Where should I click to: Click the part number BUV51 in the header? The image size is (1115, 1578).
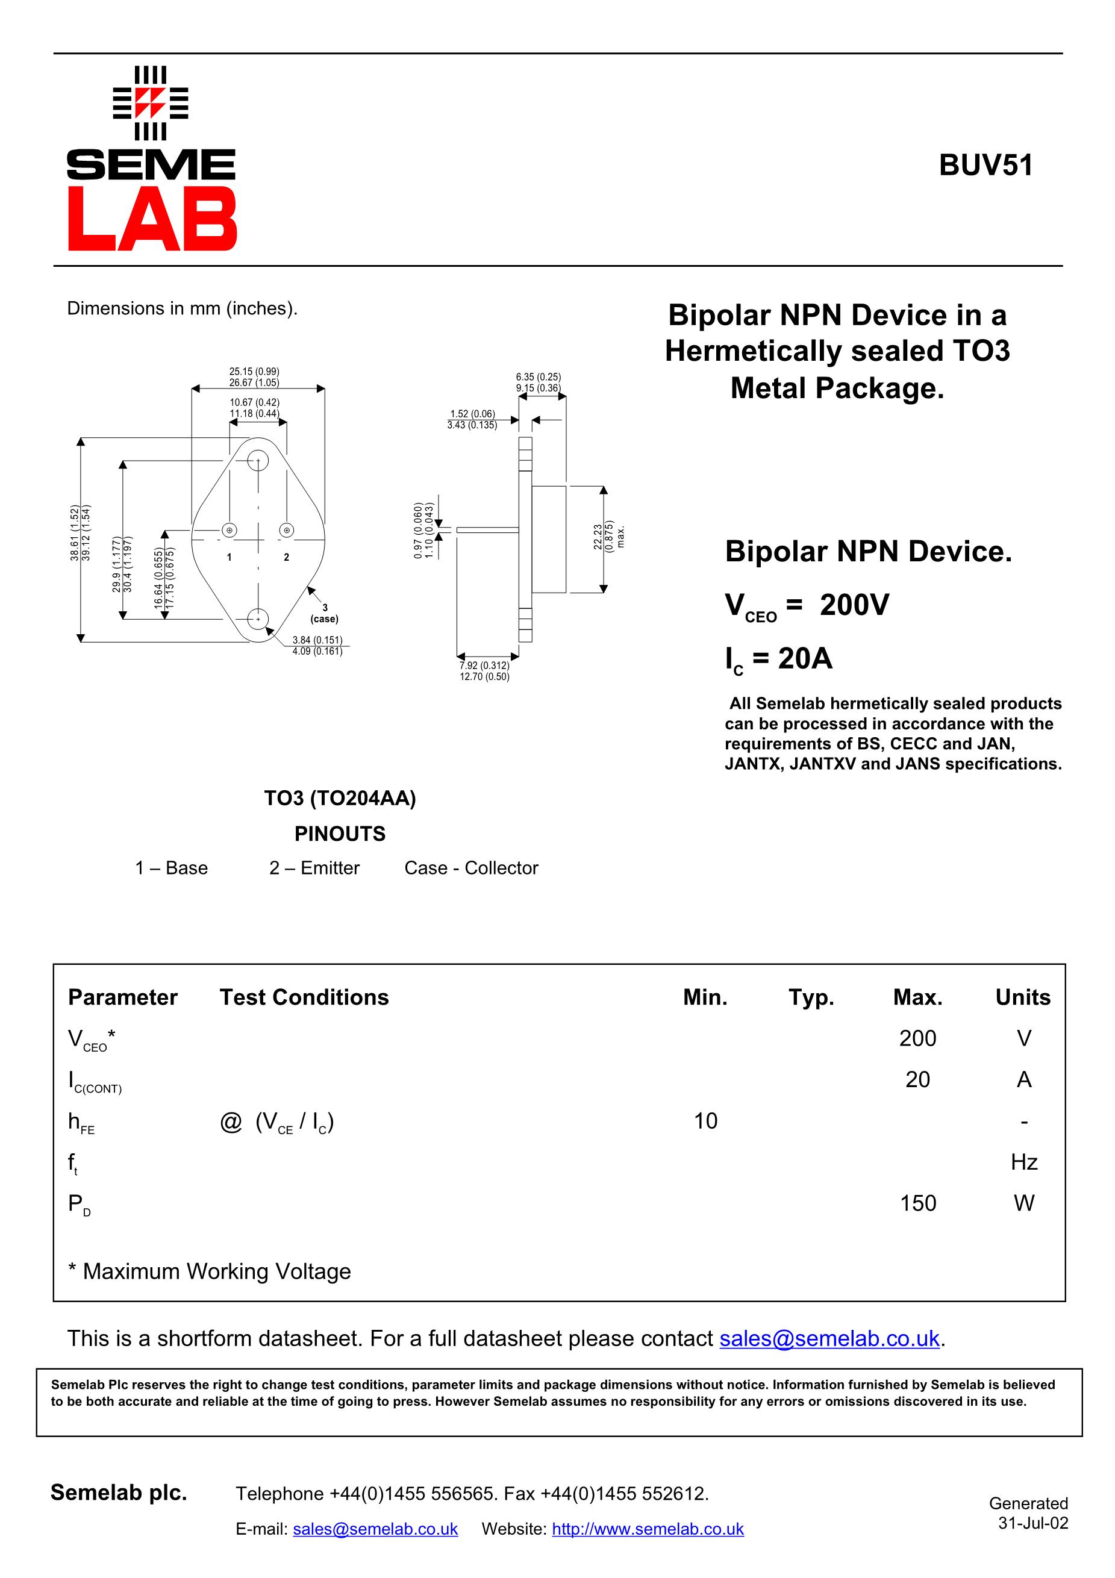(985, 166)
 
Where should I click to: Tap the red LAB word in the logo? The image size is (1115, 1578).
(152, 219)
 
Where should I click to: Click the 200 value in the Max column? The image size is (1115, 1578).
(917, 1038)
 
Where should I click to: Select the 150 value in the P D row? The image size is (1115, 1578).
(917, 1203)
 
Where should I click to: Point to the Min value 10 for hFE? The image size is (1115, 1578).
(705, 1120)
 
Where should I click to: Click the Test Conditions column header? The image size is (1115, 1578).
(304, 997)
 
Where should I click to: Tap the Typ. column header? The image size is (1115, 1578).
(811, 997)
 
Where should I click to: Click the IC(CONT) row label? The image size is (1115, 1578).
(94, 1081)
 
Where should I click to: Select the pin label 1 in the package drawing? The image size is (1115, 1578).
(229, 557)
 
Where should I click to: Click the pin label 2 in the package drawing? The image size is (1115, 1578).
(287, 557)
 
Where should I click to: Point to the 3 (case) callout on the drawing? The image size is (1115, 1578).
(325, 613)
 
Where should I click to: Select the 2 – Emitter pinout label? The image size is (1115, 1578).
(314, 868)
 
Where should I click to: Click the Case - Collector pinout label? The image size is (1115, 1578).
(471, 868)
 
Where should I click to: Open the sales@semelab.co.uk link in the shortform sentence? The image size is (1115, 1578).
(829, 1338)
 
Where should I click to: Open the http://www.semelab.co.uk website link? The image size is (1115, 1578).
(648, 1529)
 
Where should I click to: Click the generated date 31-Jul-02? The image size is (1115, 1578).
(1032, 1523)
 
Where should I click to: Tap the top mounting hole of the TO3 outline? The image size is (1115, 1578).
(258, 460)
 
